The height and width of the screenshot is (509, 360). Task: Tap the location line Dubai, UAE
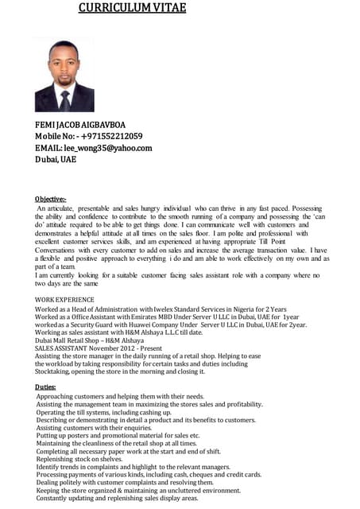click(x=56, y=159)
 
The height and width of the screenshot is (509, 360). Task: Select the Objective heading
click(x=51, y=197)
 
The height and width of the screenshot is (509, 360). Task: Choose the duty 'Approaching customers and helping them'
click(x=120, y=395)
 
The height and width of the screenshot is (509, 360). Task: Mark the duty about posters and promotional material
click(x=118, y=437)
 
